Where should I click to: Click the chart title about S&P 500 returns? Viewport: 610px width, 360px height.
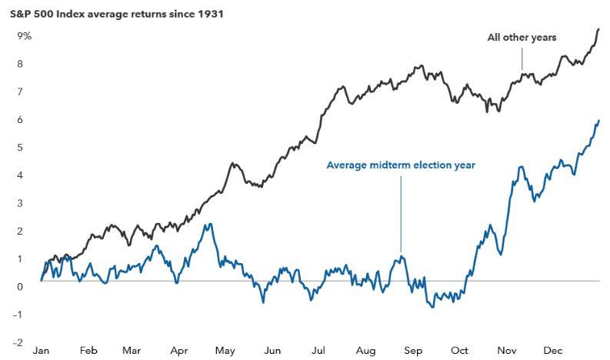coord(117,15)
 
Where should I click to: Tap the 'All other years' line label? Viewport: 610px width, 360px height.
coord(522,38)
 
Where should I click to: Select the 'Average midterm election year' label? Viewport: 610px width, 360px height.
coord(401,165)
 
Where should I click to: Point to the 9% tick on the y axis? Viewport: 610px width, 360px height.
coord(24,36)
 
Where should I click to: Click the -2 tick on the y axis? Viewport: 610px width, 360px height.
coord(18,342)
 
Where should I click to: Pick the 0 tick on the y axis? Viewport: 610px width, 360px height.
coord(20,287)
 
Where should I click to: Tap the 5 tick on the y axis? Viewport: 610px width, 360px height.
coord(20,148)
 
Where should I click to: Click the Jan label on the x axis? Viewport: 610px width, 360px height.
coord(42,351)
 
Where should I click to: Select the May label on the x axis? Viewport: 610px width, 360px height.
coord(225,351)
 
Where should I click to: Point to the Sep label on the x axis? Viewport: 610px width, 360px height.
coord(413,351)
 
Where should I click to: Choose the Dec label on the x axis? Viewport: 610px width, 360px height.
coord(553,351)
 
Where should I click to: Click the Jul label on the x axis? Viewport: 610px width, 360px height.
coord(318,351)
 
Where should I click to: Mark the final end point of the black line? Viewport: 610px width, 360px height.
coord(598,29)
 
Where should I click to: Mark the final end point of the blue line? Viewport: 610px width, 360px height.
coord(598,121)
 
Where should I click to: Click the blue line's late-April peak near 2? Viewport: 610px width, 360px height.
coord(211,224)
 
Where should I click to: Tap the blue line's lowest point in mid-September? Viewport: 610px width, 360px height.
coord(433,307)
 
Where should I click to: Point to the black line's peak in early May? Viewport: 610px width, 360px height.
coord(233,163)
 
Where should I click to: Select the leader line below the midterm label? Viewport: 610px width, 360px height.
coord(401,214)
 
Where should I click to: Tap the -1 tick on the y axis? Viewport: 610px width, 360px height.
coord(18,315)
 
